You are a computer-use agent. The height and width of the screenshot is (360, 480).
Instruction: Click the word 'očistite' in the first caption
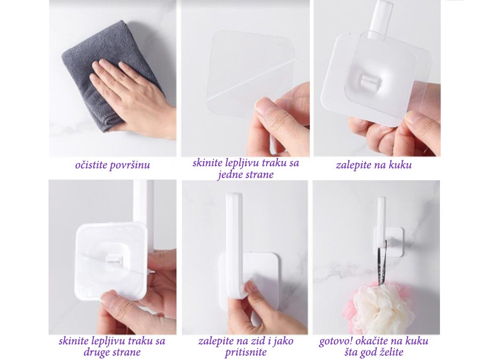click(x=91, y=165)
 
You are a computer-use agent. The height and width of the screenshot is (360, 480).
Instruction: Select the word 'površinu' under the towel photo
click(x=131, y=166)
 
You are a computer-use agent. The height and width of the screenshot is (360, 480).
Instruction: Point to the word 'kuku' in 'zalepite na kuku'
click(x=400, y=165)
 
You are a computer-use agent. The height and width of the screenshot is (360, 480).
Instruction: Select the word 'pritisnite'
click(x=245, y=353)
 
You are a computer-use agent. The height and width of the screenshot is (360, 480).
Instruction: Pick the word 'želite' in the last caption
click(x=389, y=352)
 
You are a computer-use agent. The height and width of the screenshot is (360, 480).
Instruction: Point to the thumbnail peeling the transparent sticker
click(x=265, y=107)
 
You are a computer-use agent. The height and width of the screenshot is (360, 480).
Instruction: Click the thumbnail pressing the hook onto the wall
click(x=254, y=286)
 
